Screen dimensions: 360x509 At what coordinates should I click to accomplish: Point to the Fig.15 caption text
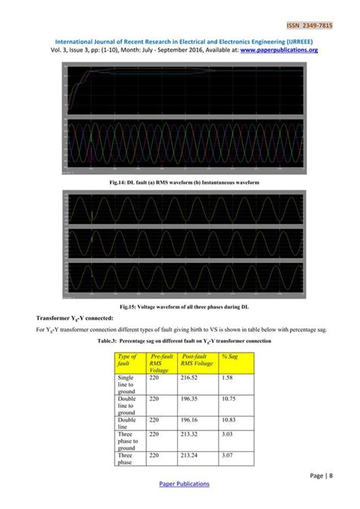[179, 305]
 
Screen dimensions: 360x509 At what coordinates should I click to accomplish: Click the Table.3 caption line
[180, 341]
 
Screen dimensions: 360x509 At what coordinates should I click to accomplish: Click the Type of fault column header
[127, 360]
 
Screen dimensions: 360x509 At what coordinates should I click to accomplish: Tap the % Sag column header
[230, 356]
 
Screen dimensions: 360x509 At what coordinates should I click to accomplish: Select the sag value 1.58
[226, 377]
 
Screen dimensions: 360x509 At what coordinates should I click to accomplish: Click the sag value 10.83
[227, 419]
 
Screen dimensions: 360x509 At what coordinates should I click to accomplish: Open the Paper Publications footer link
[180, 484]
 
